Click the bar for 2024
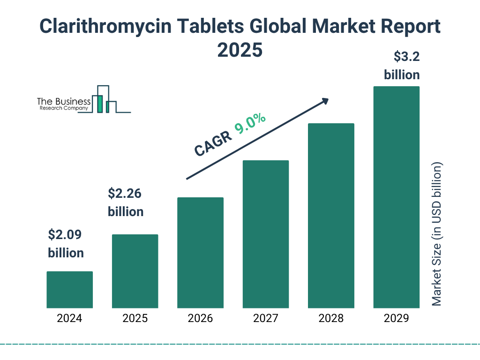click(69, 290)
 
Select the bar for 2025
click(135, 271)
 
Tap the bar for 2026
click(200, 253)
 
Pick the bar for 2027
click(266, 234)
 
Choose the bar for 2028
click(331, 216)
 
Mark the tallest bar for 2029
click(396, 197)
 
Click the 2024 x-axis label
click(69, 319)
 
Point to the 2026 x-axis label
click(200, 319)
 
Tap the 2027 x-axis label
click(266, 319)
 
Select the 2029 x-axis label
click(396, 319)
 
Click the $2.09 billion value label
click(66, 244)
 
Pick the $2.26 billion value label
click(126, 202)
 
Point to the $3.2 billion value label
click(402, 66)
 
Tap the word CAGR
click(213, 144)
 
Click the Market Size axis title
click(437, 234)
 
